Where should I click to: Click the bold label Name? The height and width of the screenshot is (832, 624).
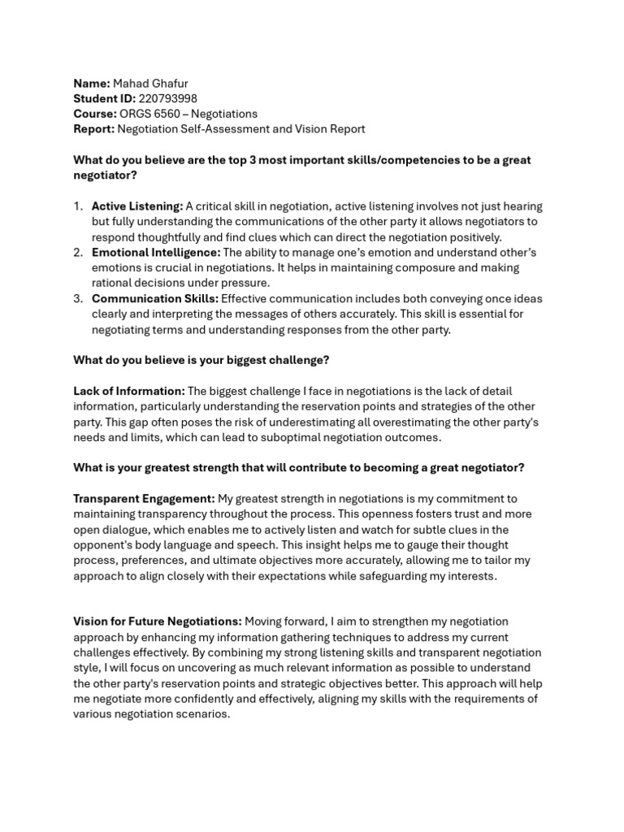point(92,83)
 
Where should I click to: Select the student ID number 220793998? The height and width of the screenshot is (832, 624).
point(167,98)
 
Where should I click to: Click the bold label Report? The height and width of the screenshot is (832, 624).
point(93,128)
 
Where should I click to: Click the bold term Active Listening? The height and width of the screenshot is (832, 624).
point(137,206)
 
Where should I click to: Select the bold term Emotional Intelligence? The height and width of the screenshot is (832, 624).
point(156,253)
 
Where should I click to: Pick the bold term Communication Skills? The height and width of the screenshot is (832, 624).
point(154,298)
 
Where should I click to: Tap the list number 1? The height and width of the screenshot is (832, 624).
point(78,206)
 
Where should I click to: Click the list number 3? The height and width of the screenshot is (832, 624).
point(78,298)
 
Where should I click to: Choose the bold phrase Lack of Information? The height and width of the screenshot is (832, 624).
point(129,391)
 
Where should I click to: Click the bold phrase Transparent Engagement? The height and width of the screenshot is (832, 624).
point(144,498)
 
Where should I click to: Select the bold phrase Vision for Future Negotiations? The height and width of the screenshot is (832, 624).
point(158,622)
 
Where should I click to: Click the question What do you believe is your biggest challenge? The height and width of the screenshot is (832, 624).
point(201,360)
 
